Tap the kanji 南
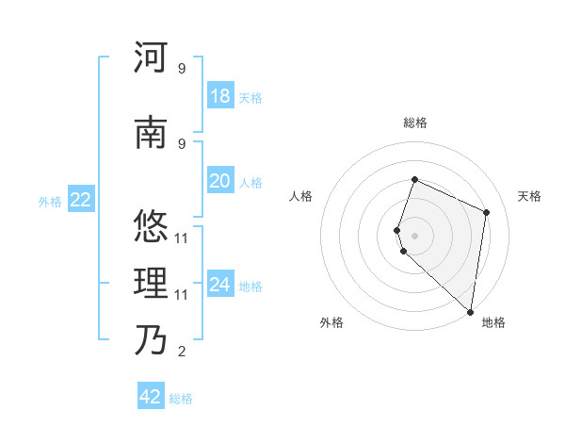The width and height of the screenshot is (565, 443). click(x=151, y=133)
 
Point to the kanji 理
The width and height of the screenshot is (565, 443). click(x=151, y=282)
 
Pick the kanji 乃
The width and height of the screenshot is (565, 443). click(x=151, y=338)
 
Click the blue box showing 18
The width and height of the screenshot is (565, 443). click(x=219, y=96)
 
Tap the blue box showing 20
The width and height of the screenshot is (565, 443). click(x=219, y=181)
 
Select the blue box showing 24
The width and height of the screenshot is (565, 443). click(x=219, y=285)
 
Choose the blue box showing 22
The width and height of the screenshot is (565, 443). click(x=80, y=199)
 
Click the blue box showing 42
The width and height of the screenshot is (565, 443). click(x=151, y=397)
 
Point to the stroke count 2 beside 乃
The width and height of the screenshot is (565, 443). click(x=182, y=352)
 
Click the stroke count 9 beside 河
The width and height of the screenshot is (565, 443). click(x=182, y=69)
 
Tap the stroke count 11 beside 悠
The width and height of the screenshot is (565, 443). click(x=182, y=238)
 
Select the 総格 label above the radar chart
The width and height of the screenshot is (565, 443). click(x=415, y=123)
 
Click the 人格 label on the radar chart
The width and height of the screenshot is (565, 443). click(x=300, y=196)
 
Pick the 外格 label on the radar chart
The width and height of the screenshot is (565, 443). click(x=331, y=322)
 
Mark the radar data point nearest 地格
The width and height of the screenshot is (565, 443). click(x=471, y=312)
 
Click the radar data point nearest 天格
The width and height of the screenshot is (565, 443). click(x=487, y=212)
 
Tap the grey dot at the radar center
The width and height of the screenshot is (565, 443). click(x=415, y=235)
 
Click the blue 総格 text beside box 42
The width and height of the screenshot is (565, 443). click(x=181, y=399)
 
